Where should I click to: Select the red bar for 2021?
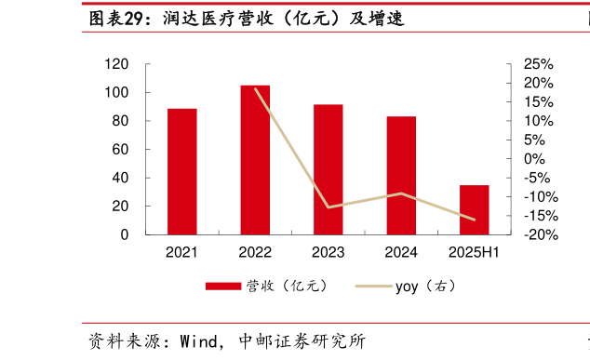182,171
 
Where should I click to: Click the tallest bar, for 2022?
255,160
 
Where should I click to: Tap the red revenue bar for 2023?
329,169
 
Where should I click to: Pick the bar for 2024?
401,176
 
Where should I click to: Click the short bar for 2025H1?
474,210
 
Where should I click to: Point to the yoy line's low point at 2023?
329,207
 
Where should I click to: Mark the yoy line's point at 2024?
401,193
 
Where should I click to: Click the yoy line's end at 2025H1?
474,220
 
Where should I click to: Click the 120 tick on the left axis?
116,64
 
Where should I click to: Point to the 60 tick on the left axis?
120,150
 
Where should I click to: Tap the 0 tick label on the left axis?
125,234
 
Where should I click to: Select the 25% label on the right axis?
539,64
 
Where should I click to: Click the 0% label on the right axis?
534,159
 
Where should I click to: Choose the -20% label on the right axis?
541,234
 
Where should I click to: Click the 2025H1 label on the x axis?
474,252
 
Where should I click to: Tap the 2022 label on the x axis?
255,252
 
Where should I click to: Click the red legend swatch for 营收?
223,287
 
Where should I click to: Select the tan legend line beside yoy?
374,287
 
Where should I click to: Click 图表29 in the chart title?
116,18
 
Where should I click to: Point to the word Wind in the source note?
199,341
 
